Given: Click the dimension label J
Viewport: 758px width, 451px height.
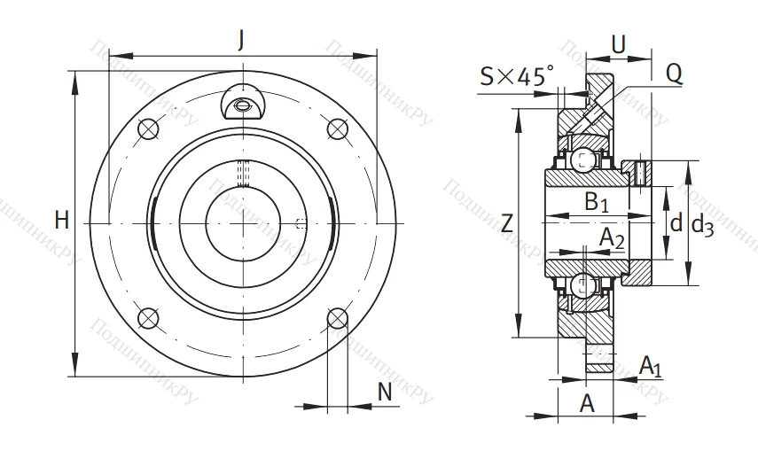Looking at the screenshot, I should (x=241, y=39).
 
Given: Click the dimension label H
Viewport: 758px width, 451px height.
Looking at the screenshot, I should (x=61, y=221).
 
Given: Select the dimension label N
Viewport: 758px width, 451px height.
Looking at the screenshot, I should (x=384, y=391).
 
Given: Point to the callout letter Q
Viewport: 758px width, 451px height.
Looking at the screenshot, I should (x=674, y=75).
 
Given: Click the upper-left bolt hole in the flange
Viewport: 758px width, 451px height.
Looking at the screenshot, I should (x=149, y=130).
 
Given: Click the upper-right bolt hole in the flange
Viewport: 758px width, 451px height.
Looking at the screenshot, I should (x=336, y=130).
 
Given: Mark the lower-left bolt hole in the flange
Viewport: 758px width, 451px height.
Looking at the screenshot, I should (x=149, y=317).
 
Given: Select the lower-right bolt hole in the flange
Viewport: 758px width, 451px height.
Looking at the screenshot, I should (x=336, y=317).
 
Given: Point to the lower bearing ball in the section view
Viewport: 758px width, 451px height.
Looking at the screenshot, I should (x=582, y=285).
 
